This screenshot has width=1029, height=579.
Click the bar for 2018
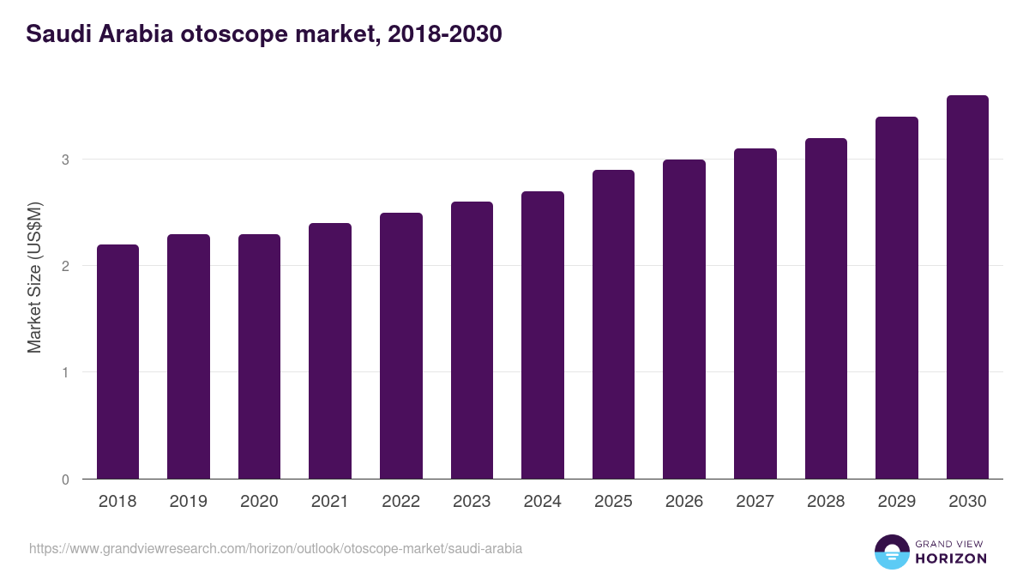[x=117, y=362]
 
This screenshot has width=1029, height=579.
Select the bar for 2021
[x=330, y=351]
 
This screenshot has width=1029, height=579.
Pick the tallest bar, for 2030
[x=967, y=287]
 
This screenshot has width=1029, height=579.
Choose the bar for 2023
[x=472, y=341]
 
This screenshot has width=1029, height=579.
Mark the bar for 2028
[x=826, y=309]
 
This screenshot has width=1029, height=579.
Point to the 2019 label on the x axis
[x=188, y=502]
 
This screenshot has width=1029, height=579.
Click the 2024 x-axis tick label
[x=542, y=502]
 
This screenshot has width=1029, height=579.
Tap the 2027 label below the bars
[x=755, y=502]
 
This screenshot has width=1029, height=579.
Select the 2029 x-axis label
[x=896, y=502]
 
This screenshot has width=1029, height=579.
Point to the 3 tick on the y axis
[x=65, y=160]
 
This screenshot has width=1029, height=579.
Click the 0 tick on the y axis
[x=65, y=479]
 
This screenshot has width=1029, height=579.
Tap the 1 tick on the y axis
[x=65, y=373]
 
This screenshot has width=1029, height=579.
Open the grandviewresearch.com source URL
[x=275, y=548]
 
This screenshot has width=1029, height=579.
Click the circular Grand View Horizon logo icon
[x=891, y=552]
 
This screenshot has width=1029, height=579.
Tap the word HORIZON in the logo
[x=951, y=558]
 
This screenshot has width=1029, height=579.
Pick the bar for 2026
[x=684, y=319]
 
